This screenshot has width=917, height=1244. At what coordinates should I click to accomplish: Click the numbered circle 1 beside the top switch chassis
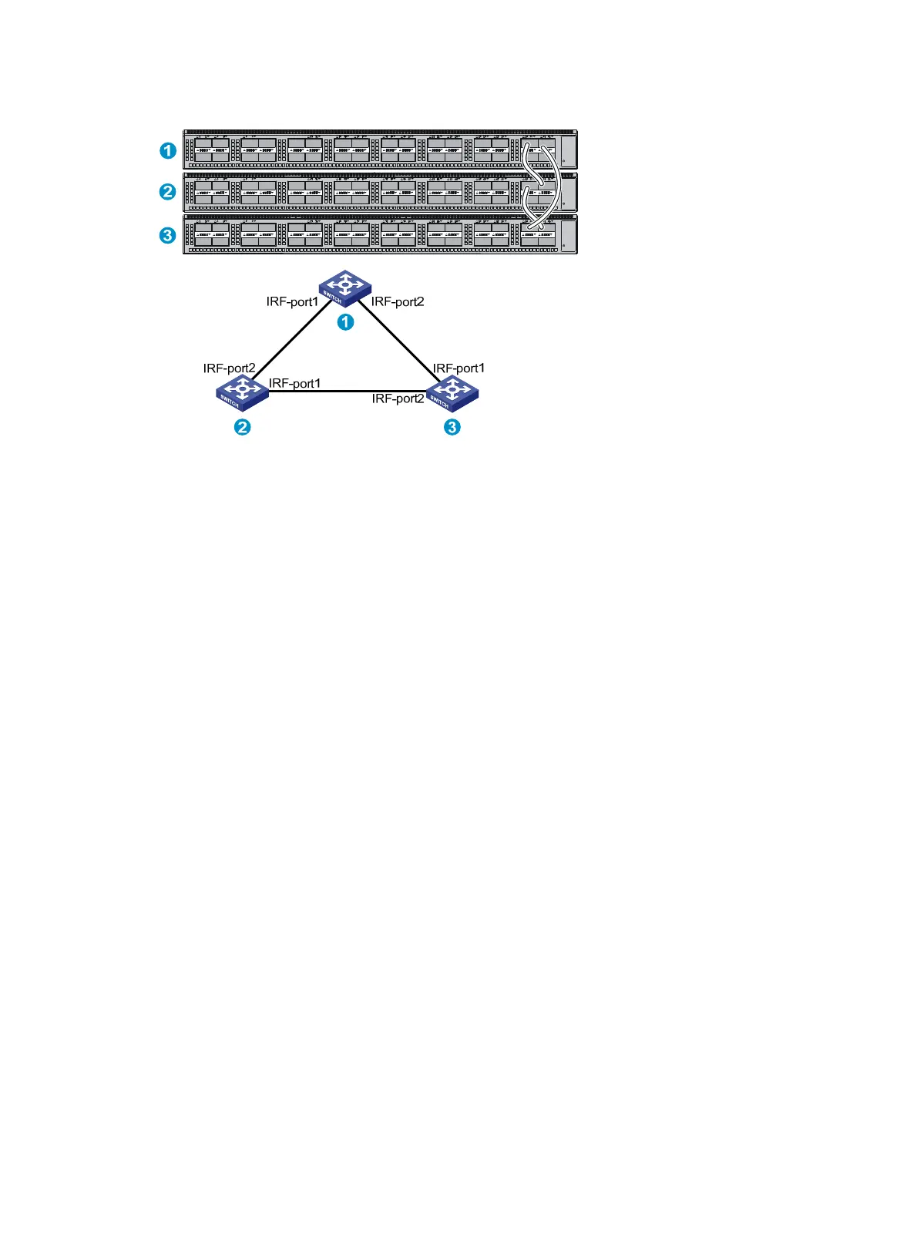click(168, 150)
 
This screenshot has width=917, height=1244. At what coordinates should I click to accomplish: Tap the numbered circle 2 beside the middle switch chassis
click(168, 191)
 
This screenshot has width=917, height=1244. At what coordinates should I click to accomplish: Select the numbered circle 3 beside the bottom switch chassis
click(168, 234)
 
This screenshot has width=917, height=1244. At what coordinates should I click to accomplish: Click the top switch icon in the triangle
click(345, 288)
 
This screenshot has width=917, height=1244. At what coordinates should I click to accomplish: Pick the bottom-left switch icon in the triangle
click(242, 392)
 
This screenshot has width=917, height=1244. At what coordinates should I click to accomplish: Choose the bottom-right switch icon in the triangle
click(452, 393)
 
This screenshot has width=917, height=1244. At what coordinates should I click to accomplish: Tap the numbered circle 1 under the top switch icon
click(346, 321)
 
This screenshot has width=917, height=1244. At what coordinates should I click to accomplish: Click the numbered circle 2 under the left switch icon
click(243, 427)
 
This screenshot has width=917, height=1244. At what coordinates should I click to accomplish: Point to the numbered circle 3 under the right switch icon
click(452, 427)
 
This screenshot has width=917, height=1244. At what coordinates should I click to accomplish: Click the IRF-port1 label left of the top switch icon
click(292, 302)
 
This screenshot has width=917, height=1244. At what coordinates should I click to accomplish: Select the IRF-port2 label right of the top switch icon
click(398, 302)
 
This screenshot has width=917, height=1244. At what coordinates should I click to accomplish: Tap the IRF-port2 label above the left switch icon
click(229, 368)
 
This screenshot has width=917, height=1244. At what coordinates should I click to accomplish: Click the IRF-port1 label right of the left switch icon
click(294, 383)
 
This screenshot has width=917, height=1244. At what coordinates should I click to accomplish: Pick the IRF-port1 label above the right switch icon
click(458, 368)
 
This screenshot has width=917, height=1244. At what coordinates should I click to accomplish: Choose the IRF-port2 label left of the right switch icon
click(398, 398)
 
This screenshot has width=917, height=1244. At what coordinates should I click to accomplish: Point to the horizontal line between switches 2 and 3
click(347, 392)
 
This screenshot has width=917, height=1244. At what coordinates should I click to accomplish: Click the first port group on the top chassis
click(211, 150)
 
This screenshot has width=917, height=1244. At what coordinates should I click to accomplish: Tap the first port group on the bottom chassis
click(211, 234)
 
